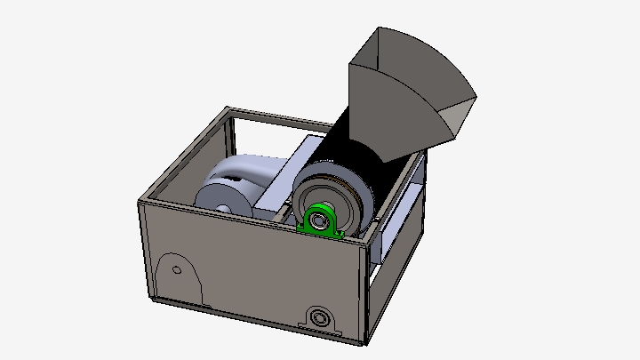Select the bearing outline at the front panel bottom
(319, 316)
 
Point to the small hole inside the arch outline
(176, 269)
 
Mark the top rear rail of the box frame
(284, 120)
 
